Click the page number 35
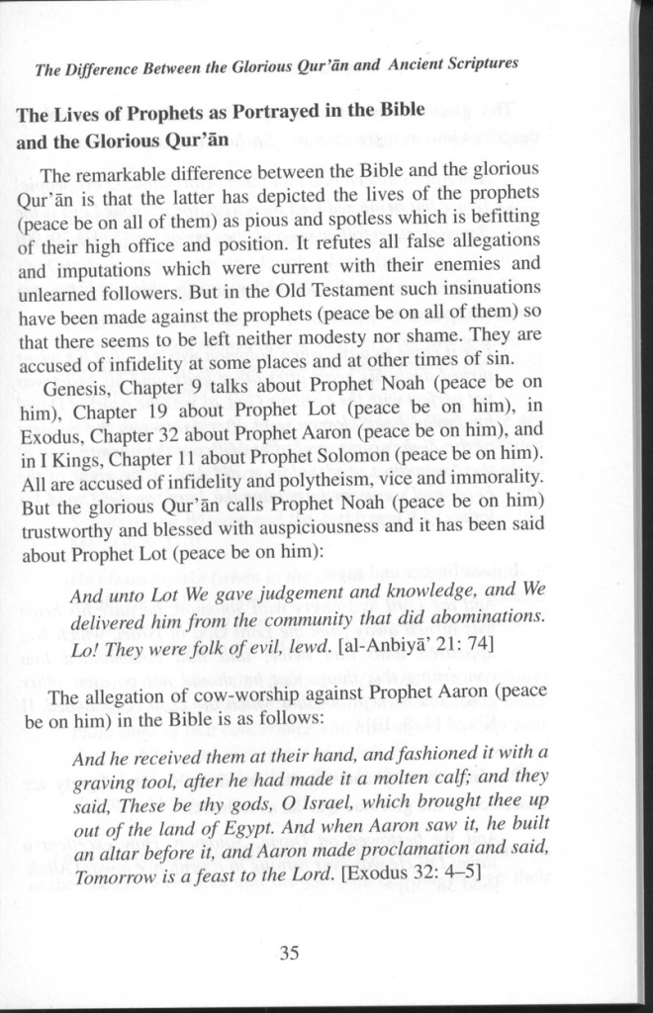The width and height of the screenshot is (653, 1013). [x=289, y=954]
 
